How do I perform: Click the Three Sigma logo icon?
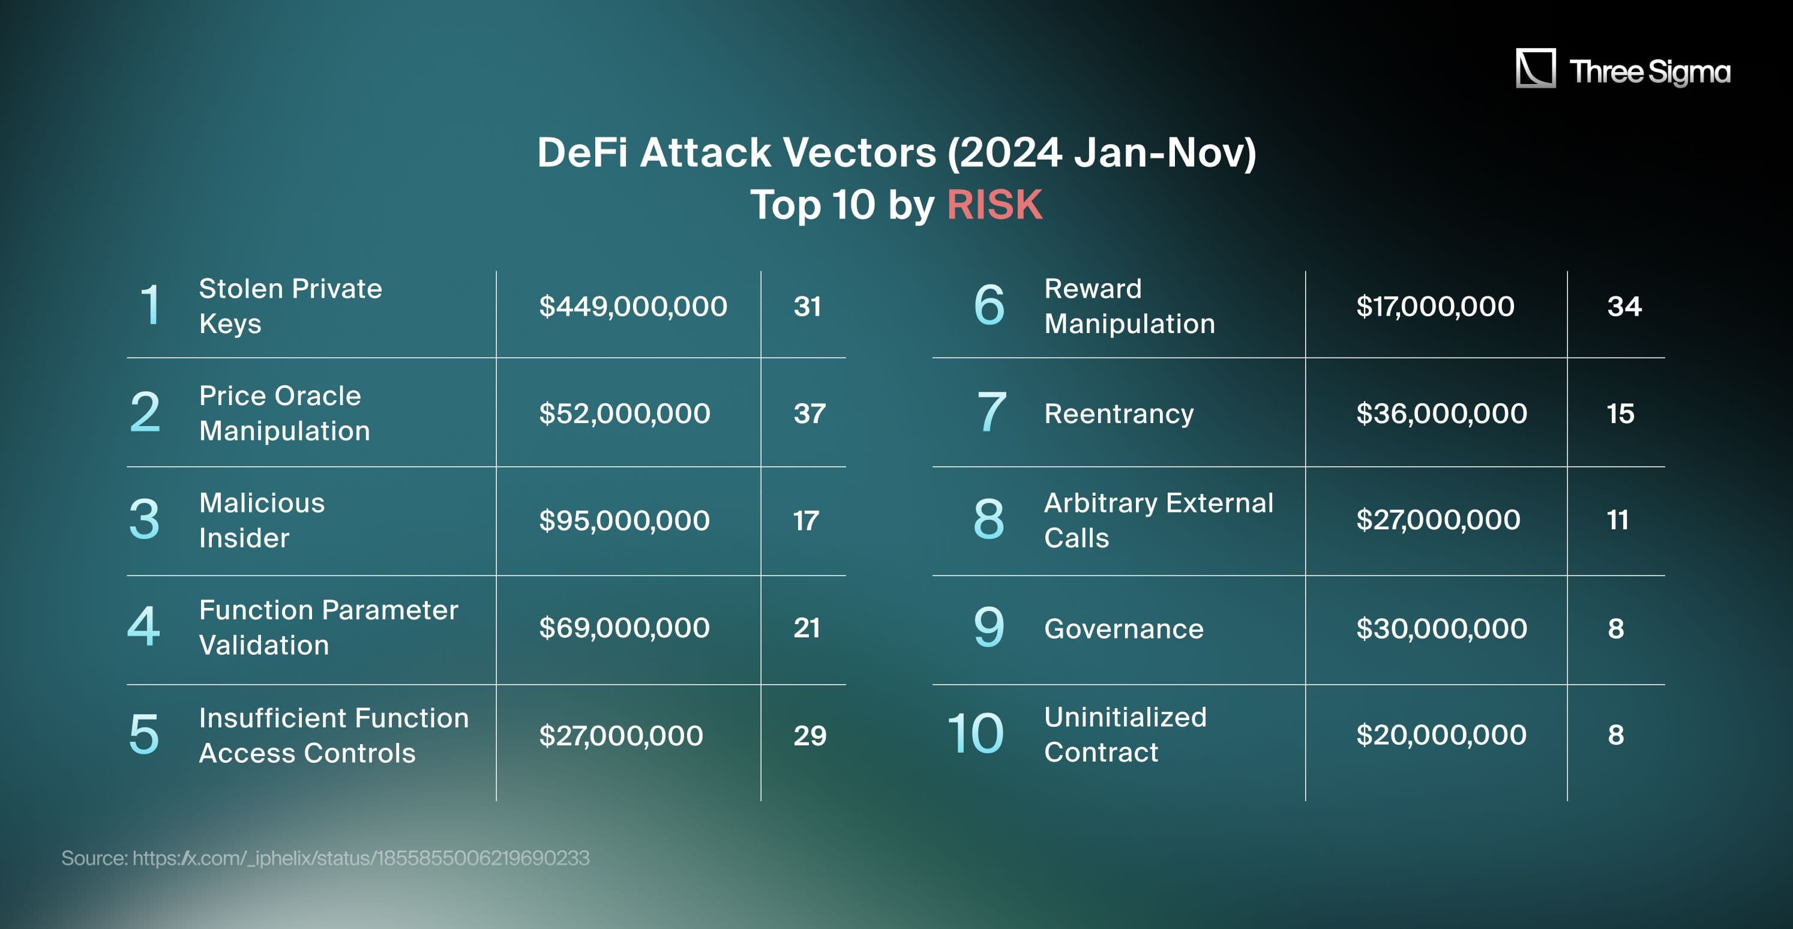click(x=1536, y=68)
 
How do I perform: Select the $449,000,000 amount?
click(x=632, y=306)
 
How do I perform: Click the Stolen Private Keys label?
click(x=290, y=306)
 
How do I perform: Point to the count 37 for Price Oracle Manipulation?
click(x=809, y=413)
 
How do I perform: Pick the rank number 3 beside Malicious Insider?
click(x=144, y=519)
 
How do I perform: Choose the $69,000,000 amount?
click(x=624, y=628)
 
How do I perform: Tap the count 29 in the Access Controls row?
click(x=809, y=736)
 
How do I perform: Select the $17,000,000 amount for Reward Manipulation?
click(x=1435, y=306)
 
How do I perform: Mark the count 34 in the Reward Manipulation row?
click(x=1624, y=306)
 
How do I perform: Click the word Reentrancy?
click(x=1119, y=414)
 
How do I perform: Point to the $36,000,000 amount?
click(x=1441, y=413)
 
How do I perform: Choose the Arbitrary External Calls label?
click(x=1158, y=520)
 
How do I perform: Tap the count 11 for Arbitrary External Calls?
click(x=1618, y=520)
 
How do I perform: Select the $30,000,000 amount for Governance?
click(x=1441, y=628)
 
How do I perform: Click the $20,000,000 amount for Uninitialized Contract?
click(x=1441, y=735)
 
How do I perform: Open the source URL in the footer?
click(x=361, y=858)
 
